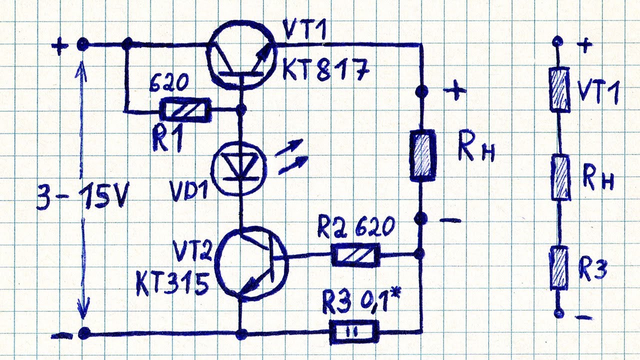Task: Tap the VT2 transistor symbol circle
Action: point(251,263)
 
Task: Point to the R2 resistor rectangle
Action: point(355,255)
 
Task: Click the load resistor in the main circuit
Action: point(422,155)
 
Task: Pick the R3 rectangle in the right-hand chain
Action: point(558,268)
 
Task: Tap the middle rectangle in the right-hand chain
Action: point(560,178)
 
